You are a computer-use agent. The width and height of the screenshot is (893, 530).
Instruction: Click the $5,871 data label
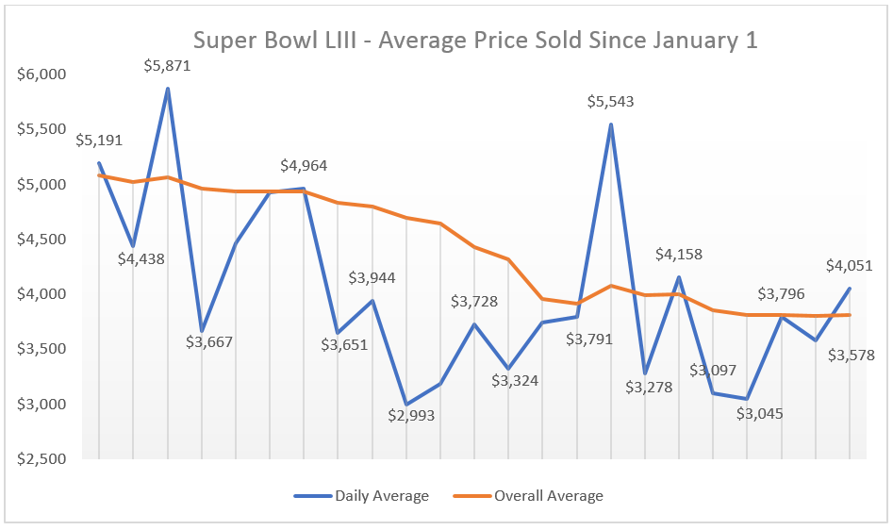point(167,66)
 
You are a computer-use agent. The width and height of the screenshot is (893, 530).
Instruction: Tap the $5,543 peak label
point(610,101)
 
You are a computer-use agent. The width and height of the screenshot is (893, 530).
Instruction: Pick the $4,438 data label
point(141,257)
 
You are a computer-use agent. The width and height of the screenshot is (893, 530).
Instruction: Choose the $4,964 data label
point(304,166)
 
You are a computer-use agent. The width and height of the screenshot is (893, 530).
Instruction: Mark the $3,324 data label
point(515,381)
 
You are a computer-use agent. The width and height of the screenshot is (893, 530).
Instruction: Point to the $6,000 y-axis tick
point(41,75)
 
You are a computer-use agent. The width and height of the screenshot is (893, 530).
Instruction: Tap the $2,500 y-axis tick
point(41,459)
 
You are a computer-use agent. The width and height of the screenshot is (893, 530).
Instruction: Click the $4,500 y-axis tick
point(41,240)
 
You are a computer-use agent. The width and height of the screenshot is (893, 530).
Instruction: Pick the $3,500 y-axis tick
point(41,349)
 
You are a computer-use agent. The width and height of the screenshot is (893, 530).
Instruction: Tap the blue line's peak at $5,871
point(167,89)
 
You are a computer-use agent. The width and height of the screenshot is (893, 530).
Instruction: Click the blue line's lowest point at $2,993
point(406,405)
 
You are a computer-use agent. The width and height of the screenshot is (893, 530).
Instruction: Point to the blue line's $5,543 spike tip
point(610,124)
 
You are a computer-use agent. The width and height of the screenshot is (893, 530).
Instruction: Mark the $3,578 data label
point(851,356)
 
